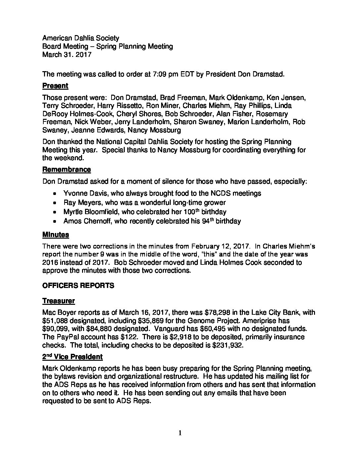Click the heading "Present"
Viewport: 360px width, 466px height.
pos(55,86)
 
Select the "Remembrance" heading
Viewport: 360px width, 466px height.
pos(67,170)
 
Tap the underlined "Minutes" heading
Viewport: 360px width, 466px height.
pos(56,235)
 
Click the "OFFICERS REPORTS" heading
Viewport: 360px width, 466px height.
pos(78,285)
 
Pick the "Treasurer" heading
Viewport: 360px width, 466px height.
pos(59,301)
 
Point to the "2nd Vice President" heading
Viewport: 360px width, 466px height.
pos(72,357)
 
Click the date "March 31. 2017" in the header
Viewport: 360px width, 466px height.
pos(67,55)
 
